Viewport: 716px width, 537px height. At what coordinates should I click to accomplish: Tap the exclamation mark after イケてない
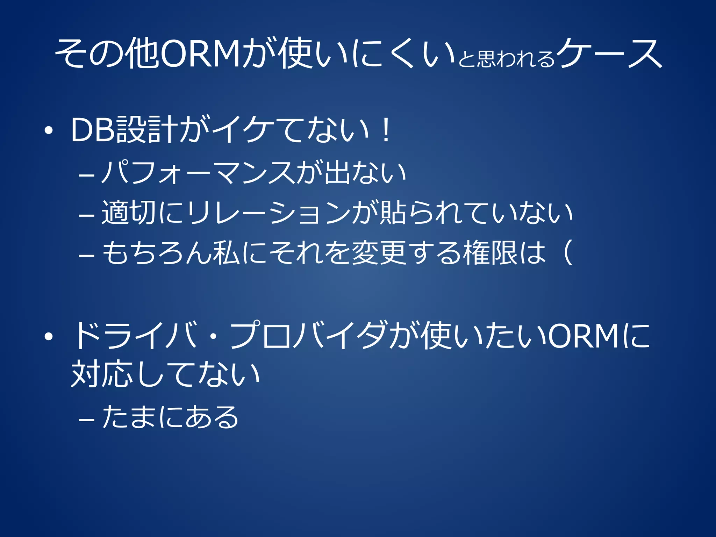(386, 130)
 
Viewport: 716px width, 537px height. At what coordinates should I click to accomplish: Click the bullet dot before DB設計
(49, 131)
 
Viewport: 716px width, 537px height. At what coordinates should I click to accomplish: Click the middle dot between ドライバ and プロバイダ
(213, 336)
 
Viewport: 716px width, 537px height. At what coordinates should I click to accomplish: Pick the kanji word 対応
(102, 374)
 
